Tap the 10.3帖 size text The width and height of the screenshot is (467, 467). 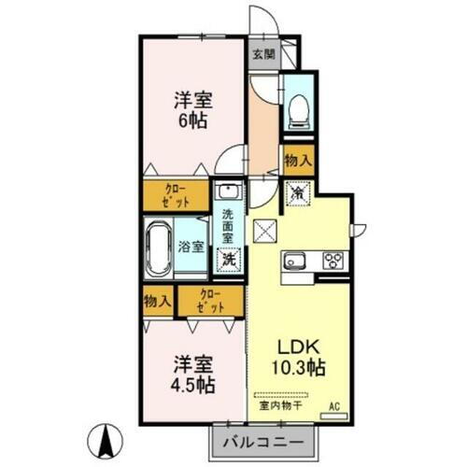(x=300, y=368)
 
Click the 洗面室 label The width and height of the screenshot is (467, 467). (x=227, y=225)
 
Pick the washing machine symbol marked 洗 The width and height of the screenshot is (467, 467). (x=228, y=260)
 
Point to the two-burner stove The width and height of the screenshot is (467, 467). (x=333, y=261)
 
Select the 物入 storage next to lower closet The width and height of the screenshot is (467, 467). (x=157, y=301)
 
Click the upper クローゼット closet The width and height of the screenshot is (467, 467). (x=176, y=195)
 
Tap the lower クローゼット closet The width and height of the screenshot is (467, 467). (x=209, y=301)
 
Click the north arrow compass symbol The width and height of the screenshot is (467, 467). (x=106, y=436)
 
